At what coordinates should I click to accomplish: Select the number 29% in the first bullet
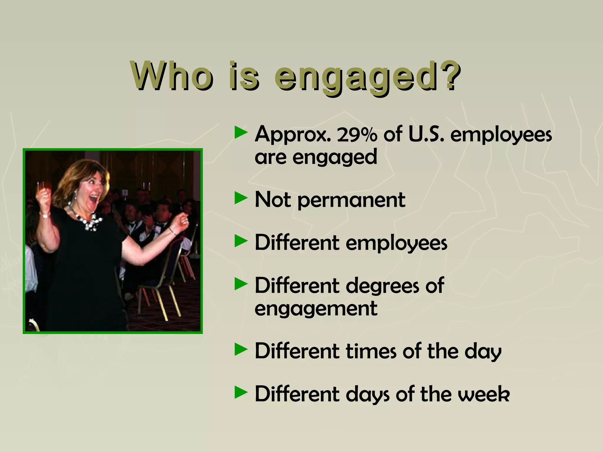click(357, 135)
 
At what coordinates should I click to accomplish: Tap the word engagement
click(316, 309)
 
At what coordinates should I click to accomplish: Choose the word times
click(371, 351)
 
